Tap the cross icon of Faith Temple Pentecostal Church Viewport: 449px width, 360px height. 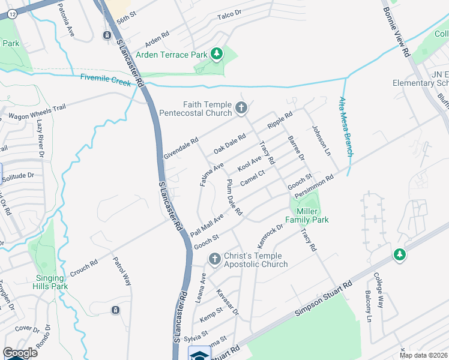(241, 109)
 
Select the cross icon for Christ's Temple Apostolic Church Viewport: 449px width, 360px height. (214, 259)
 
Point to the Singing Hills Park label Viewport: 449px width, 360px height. (49, 282)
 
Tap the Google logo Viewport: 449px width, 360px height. (20, 352)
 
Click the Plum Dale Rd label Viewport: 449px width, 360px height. (234, 197)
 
